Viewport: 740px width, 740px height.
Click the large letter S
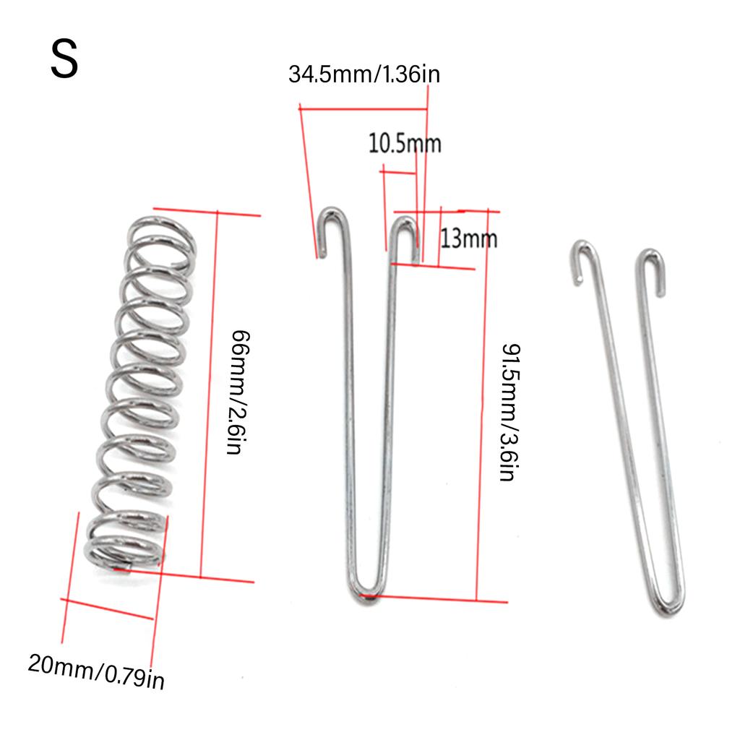64,60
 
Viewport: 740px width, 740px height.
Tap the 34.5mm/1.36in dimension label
364,74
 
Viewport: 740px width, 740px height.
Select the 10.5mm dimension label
405,143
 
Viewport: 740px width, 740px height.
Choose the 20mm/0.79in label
96,671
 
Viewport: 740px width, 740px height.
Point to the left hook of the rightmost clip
584,256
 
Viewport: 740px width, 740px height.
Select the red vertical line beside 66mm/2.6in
208,394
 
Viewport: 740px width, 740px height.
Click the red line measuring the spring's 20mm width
108,609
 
